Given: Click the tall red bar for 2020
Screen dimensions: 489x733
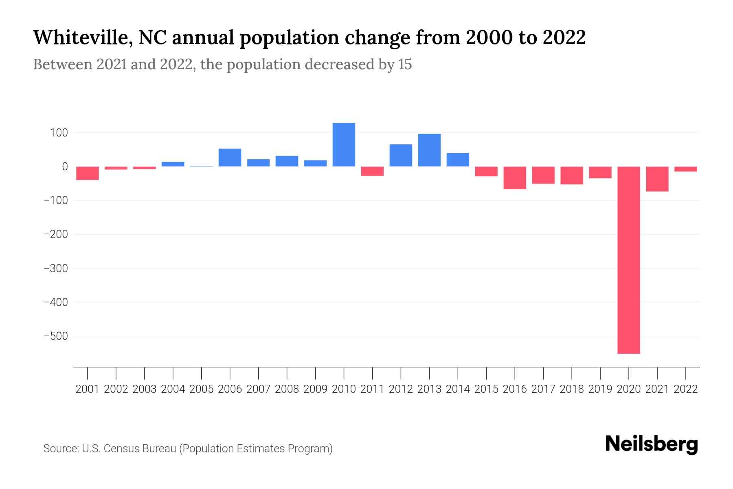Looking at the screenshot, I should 628,260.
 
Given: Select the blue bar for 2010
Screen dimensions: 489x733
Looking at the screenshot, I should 344,145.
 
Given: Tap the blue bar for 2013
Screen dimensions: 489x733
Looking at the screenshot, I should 429,150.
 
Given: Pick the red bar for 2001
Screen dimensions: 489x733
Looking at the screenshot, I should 88,173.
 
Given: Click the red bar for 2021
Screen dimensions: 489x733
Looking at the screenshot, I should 657,179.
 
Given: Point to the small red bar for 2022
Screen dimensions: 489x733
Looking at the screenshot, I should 685,169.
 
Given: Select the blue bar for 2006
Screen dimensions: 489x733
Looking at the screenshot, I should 230,157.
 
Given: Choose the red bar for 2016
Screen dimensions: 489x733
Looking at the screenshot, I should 515,178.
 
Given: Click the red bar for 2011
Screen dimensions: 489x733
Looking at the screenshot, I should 372,171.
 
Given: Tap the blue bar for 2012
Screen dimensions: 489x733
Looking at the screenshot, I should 401,155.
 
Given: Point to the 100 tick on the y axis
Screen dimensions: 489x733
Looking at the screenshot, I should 59,133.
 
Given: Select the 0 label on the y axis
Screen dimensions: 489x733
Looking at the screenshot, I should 64,167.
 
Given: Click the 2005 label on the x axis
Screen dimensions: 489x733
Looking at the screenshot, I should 202,389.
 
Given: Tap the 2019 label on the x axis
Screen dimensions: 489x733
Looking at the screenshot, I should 600,389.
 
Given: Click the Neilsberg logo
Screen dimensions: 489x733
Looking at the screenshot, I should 652,444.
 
